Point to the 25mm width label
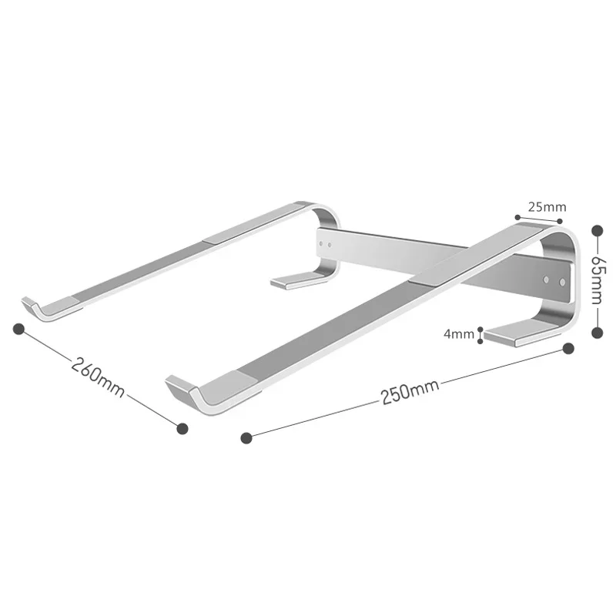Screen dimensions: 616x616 (x=547, y=206)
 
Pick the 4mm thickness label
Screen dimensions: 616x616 (x=459, y=334)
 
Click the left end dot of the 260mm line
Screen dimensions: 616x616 (x=19, y=329)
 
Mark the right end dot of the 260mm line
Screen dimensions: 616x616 (x=182, y=427)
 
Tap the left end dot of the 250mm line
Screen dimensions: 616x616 (x=246, y=438)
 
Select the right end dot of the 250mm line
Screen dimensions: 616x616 (x=568, y=349)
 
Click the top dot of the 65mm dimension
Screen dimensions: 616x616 (x=596, y=229)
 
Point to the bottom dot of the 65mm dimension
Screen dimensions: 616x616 (x=596, y=332)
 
